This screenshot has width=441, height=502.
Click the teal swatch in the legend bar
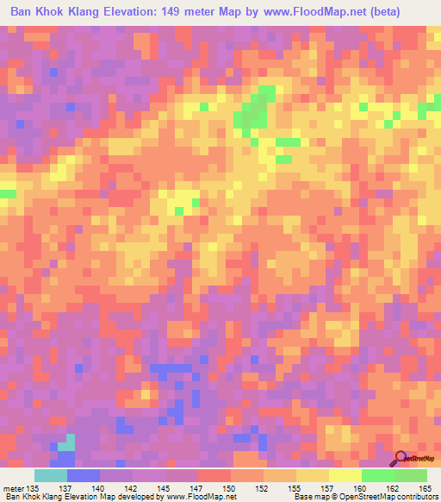click(x=51, y=475)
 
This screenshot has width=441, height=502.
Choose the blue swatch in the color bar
click(x=84, y=475)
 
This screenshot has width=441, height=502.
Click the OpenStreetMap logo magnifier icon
click(x=401, y=458)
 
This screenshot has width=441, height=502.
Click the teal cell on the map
click(x=65, y=441)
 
